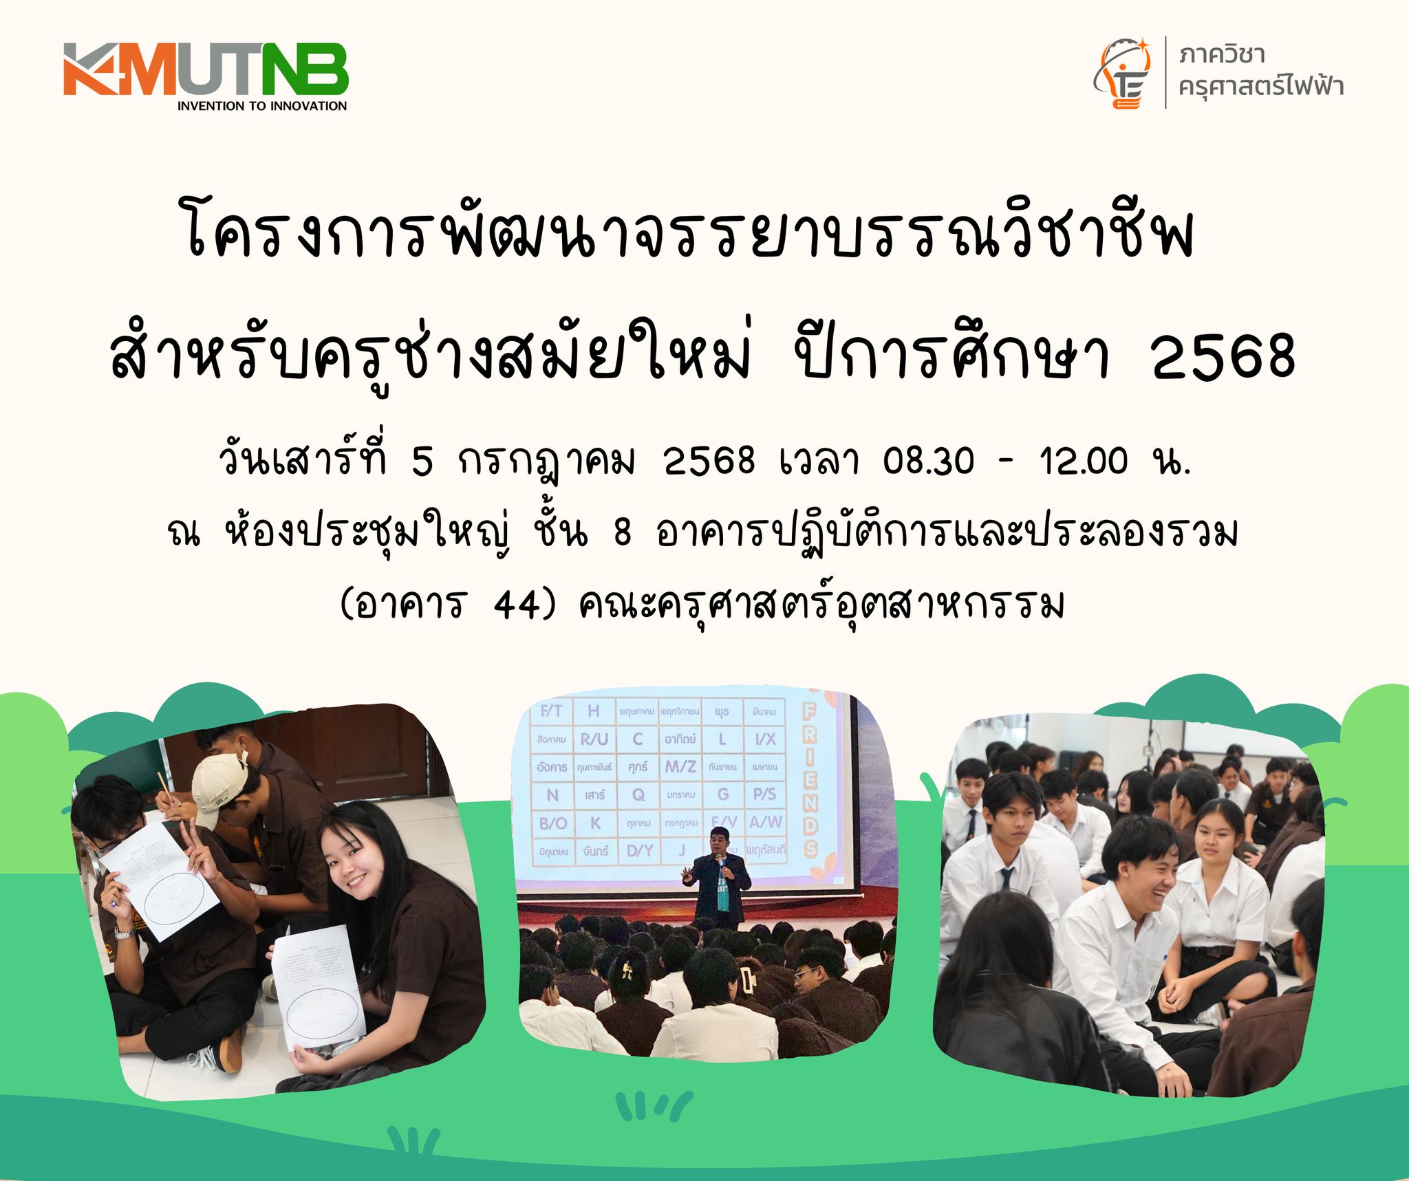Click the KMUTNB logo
click(206, 70)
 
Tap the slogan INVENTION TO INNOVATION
click(261, 106)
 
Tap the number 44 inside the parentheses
click(515, 607)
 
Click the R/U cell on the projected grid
click(594, 739)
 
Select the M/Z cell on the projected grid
click(680, 766)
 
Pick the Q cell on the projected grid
click(638, 794)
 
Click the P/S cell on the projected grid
click(764, 794)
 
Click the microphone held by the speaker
click(720, 869)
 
